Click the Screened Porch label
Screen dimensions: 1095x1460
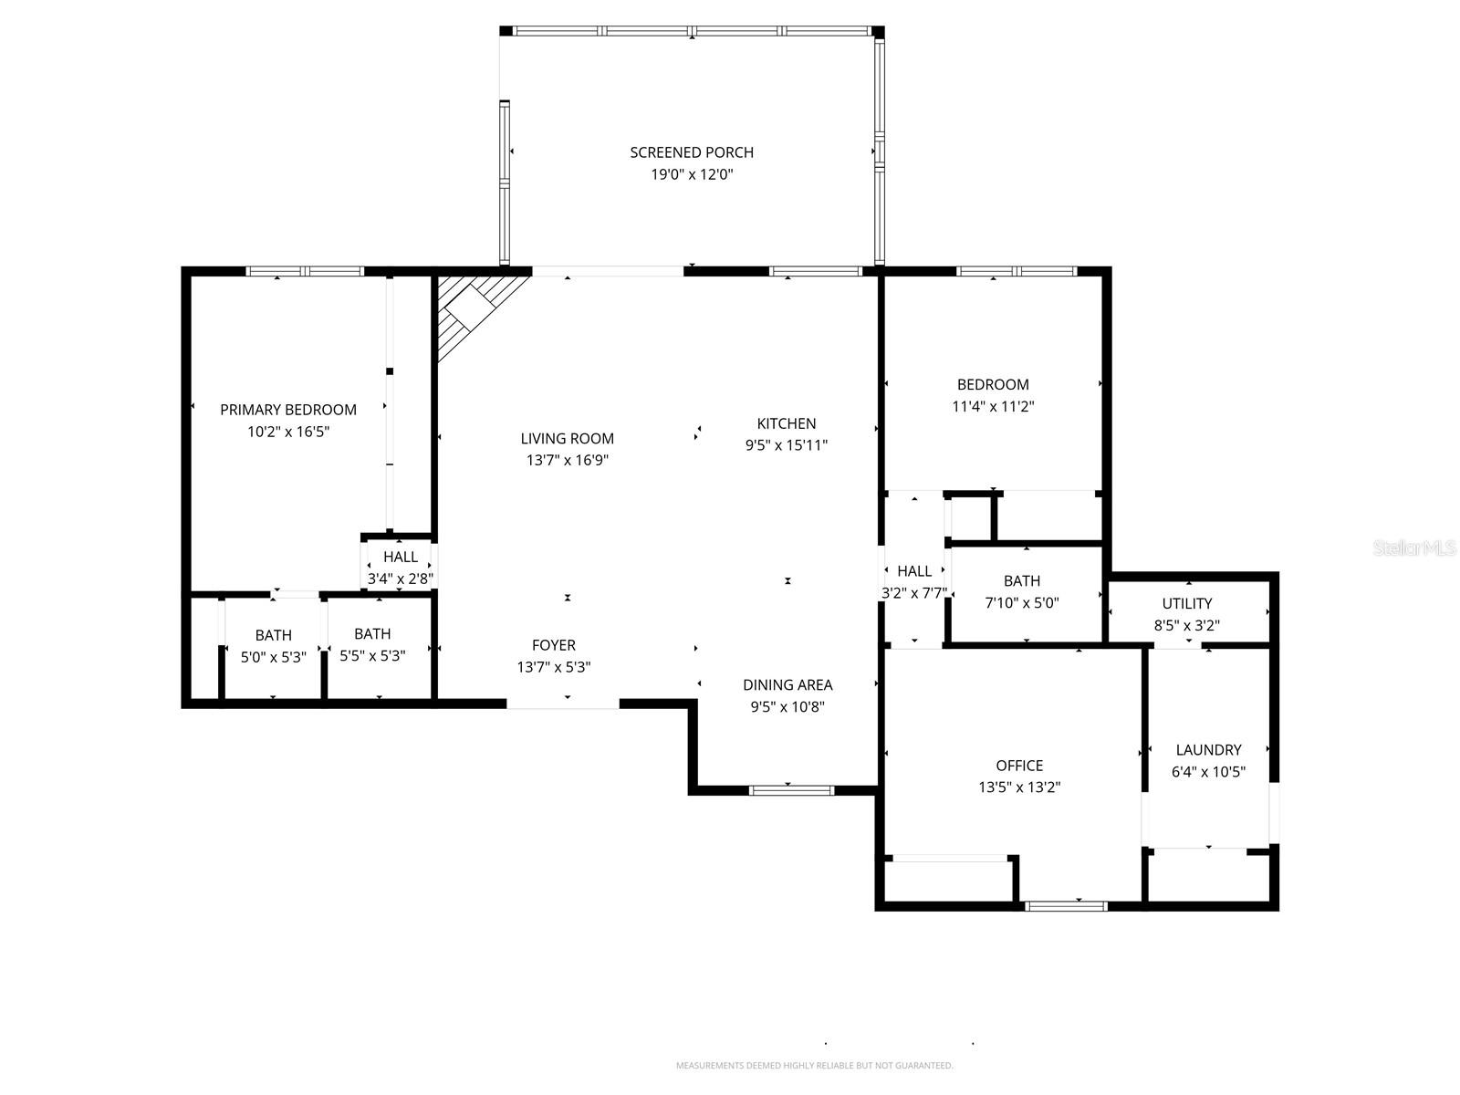coord(692,152)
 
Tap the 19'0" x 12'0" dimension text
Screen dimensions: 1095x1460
coord(692,175)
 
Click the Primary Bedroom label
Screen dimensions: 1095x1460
coord(288,410)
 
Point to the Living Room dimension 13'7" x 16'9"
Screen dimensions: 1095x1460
coord(568,461)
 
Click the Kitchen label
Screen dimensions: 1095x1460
coord(787,423)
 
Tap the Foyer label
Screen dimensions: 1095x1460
coord(554,645)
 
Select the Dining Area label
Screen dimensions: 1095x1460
coord(787,684)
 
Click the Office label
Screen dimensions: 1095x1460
coord(1019,766)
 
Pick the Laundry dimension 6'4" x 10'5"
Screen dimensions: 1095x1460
coord(1208,772)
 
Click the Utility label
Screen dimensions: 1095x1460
coord(1187,603)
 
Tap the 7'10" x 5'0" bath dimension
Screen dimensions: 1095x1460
coord(1022,603)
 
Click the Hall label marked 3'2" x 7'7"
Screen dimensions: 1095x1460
coord(914,571)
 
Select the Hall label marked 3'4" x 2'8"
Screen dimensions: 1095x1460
coord(401,557)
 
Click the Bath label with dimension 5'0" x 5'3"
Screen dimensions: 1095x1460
coord(274,635)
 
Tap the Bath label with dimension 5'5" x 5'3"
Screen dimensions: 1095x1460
coord(372,633)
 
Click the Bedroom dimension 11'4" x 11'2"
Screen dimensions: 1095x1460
coord(993,407)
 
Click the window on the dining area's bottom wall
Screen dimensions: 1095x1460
coord(791,790)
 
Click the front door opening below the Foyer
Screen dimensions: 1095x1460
coord(563,704)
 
